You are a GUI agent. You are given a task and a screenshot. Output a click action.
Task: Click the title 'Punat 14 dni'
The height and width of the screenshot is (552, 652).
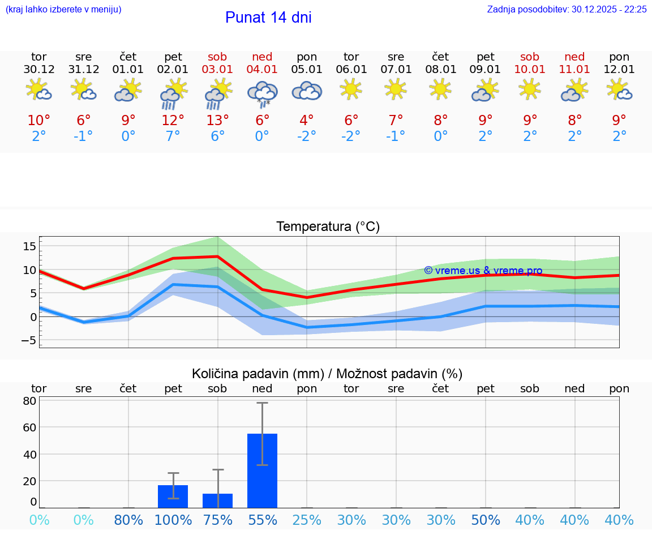click(268, 18)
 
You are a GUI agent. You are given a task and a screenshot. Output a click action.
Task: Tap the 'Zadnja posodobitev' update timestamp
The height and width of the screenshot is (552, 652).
click(567, 10)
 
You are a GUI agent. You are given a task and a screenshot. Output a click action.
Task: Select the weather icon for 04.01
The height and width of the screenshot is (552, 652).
click(262, 93)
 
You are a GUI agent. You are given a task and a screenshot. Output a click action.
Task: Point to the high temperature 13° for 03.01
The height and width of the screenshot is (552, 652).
click(217, 120)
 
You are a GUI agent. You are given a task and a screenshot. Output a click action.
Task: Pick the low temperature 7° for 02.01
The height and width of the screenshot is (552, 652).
click(173, 136)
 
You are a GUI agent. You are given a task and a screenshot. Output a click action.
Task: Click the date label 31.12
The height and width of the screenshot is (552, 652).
click(83, 70)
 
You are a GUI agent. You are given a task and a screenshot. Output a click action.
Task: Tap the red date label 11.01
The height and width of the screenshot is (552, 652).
click(574, 70)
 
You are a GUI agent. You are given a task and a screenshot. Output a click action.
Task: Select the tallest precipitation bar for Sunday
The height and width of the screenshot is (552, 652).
click(262, 470)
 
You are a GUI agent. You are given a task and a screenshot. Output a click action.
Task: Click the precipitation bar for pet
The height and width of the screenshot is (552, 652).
click(173, 497)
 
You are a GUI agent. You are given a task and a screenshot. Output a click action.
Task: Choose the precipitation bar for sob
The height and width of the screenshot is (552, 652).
click(217, 500)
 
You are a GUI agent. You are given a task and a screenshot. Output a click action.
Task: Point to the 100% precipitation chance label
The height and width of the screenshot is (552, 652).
click(173, 520)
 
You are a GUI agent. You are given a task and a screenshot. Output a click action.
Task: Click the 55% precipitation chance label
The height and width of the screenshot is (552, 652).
click(262, 520)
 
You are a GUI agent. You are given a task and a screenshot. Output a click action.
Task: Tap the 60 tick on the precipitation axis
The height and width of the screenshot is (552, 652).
click(29, 427)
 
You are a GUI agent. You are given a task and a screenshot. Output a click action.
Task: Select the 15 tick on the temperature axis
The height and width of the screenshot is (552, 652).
click(29, 246)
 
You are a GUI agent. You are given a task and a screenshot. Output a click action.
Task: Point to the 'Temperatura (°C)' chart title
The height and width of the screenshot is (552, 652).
click(328, 227)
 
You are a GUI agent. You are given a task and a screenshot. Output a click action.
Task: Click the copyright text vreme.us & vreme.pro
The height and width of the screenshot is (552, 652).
click(483, 271)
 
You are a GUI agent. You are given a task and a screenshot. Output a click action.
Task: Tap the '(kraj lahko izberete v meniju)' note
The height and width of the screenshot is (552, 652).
click(63, 10)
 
